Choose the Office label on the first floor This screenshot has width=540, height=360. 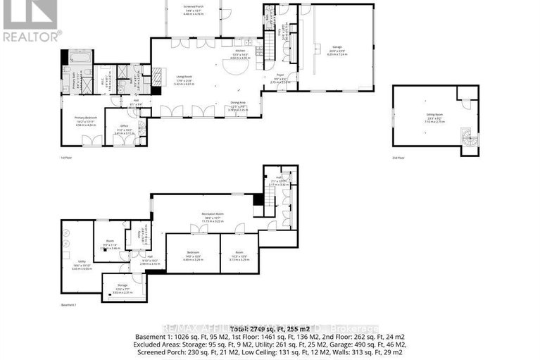click(x=124, y=128)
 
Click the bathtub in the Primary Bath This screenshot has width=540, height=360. click(x=75, y=56)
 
